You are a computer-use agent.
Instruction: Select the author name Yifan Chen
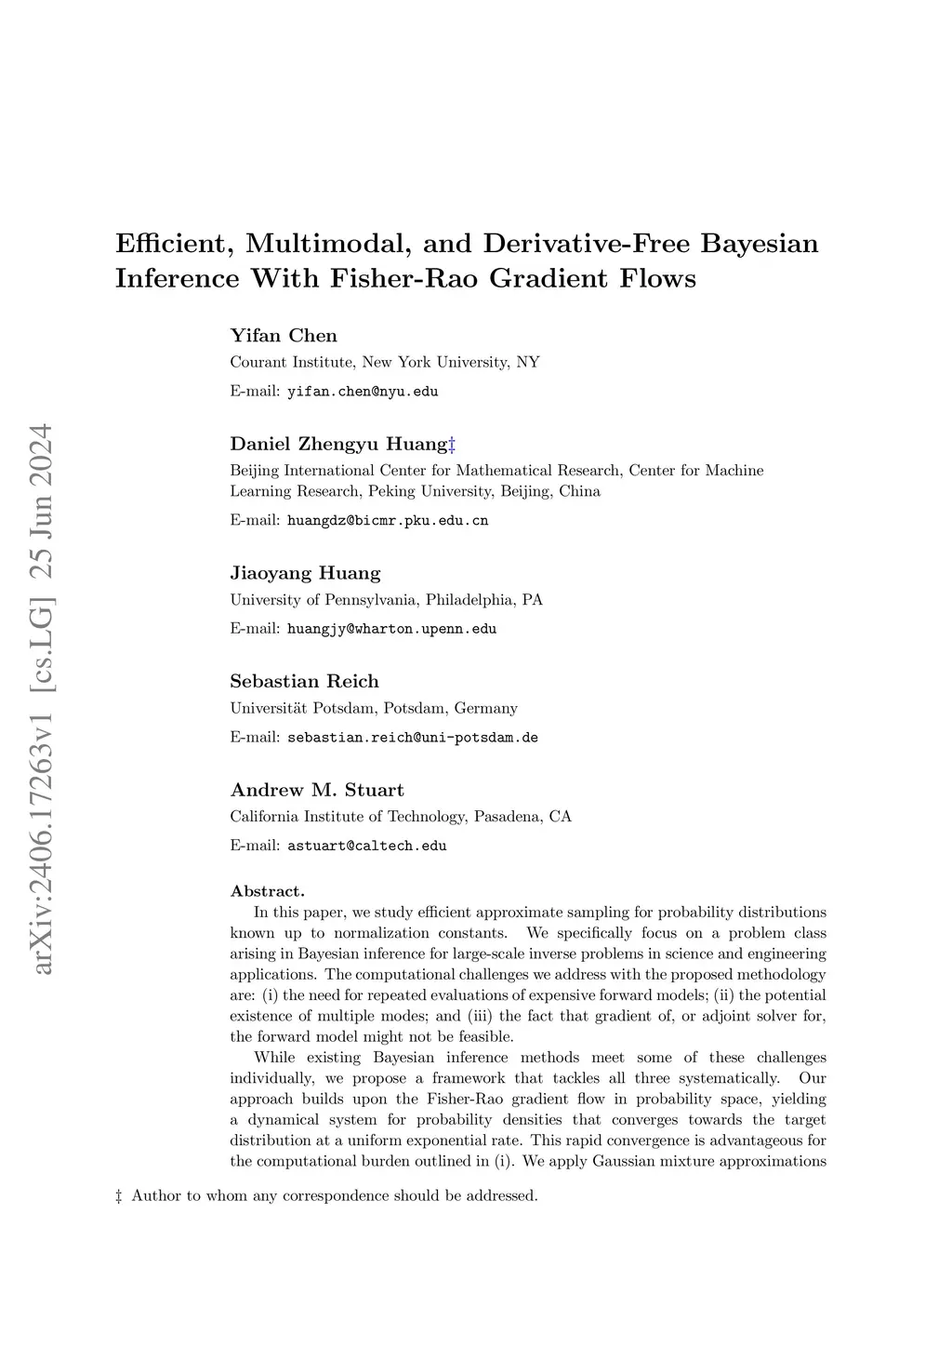pos(284,336)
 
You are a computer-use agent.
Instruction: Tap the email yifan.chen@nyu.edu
pos(363,392)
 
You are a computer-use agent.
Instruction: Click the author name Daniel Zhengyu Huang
pos(338,444)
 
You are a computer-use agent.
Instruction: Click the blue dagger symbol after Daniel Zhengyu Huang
pos(452,444)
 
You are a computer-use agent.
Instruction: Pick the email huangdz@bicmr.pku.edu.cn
pos(388,521)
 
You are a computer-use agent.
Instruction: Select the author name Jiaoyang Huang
pos(305,573)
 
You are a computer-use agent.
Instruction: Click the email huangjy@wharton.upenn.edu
pos(391,629)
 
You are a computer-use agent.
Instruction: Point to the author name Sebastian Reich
pos(304,682)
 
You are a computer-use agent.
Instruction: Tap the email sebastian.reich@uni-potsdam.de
pos(413,738)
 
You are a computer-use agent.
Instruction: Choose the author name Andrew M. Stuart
pos(317,791)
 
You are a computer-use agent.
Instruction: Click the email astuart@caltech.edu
pos(366,847)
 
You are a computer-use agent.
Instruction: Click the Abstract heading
pos(268,891)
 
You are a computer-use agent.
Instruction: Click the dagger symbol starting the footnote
pos(119,1195)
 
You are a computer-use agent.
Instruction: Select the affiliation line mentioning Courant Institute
pos(385,362)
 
